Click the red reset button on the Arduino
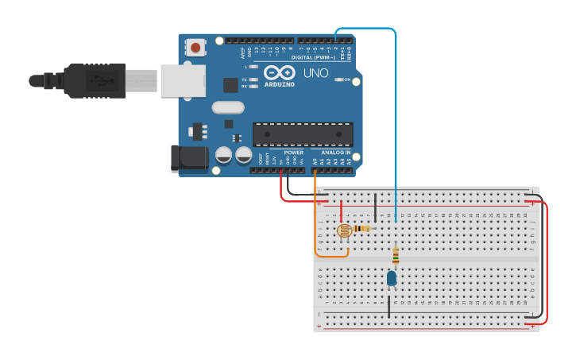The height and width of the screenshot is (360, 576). coord(195,47)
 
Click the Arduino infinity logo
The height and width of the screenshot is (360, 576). coord(279,72)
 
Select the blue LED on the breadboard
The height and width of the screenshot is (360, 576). coord(392,278)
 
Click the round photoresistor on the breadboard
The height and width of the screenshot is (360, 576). coord(344,231)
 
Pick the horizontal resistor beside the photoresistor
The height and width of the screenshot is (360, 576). coord(362,229)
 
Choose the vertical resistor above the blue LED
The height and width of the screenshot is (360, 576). coord(396,255)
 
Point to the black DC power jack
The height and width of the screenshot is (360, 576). coord(188,158)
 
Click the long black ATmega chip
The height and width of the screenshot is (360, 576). coord(302,134)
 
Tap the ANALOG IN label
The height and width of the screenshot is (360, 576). coord(335,152)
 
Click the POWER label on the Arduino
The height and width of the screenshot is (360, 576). coord(294,152)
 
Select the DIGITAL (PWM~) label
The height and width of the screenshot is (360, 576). coord(313,57)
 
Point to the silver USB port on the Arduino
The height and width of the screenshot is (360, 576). coord(183,80)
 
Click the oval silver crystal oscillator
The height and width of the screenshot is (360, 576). coord(227,107)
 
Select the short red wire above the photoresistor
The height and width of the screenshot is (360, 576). coord(342,211)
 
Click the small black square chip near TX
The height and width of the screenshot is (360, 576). coord(230,85)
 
